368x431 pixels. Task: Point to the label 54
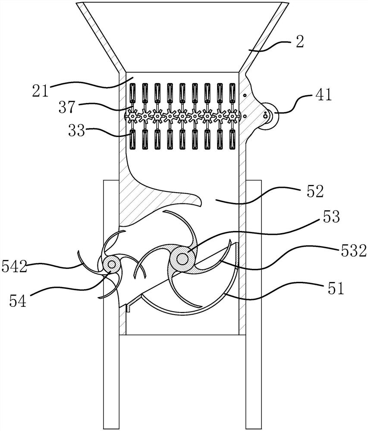17,300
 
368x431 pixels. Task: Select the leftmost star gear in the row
132,116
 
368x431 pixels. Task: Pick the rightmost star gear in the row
233,116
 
